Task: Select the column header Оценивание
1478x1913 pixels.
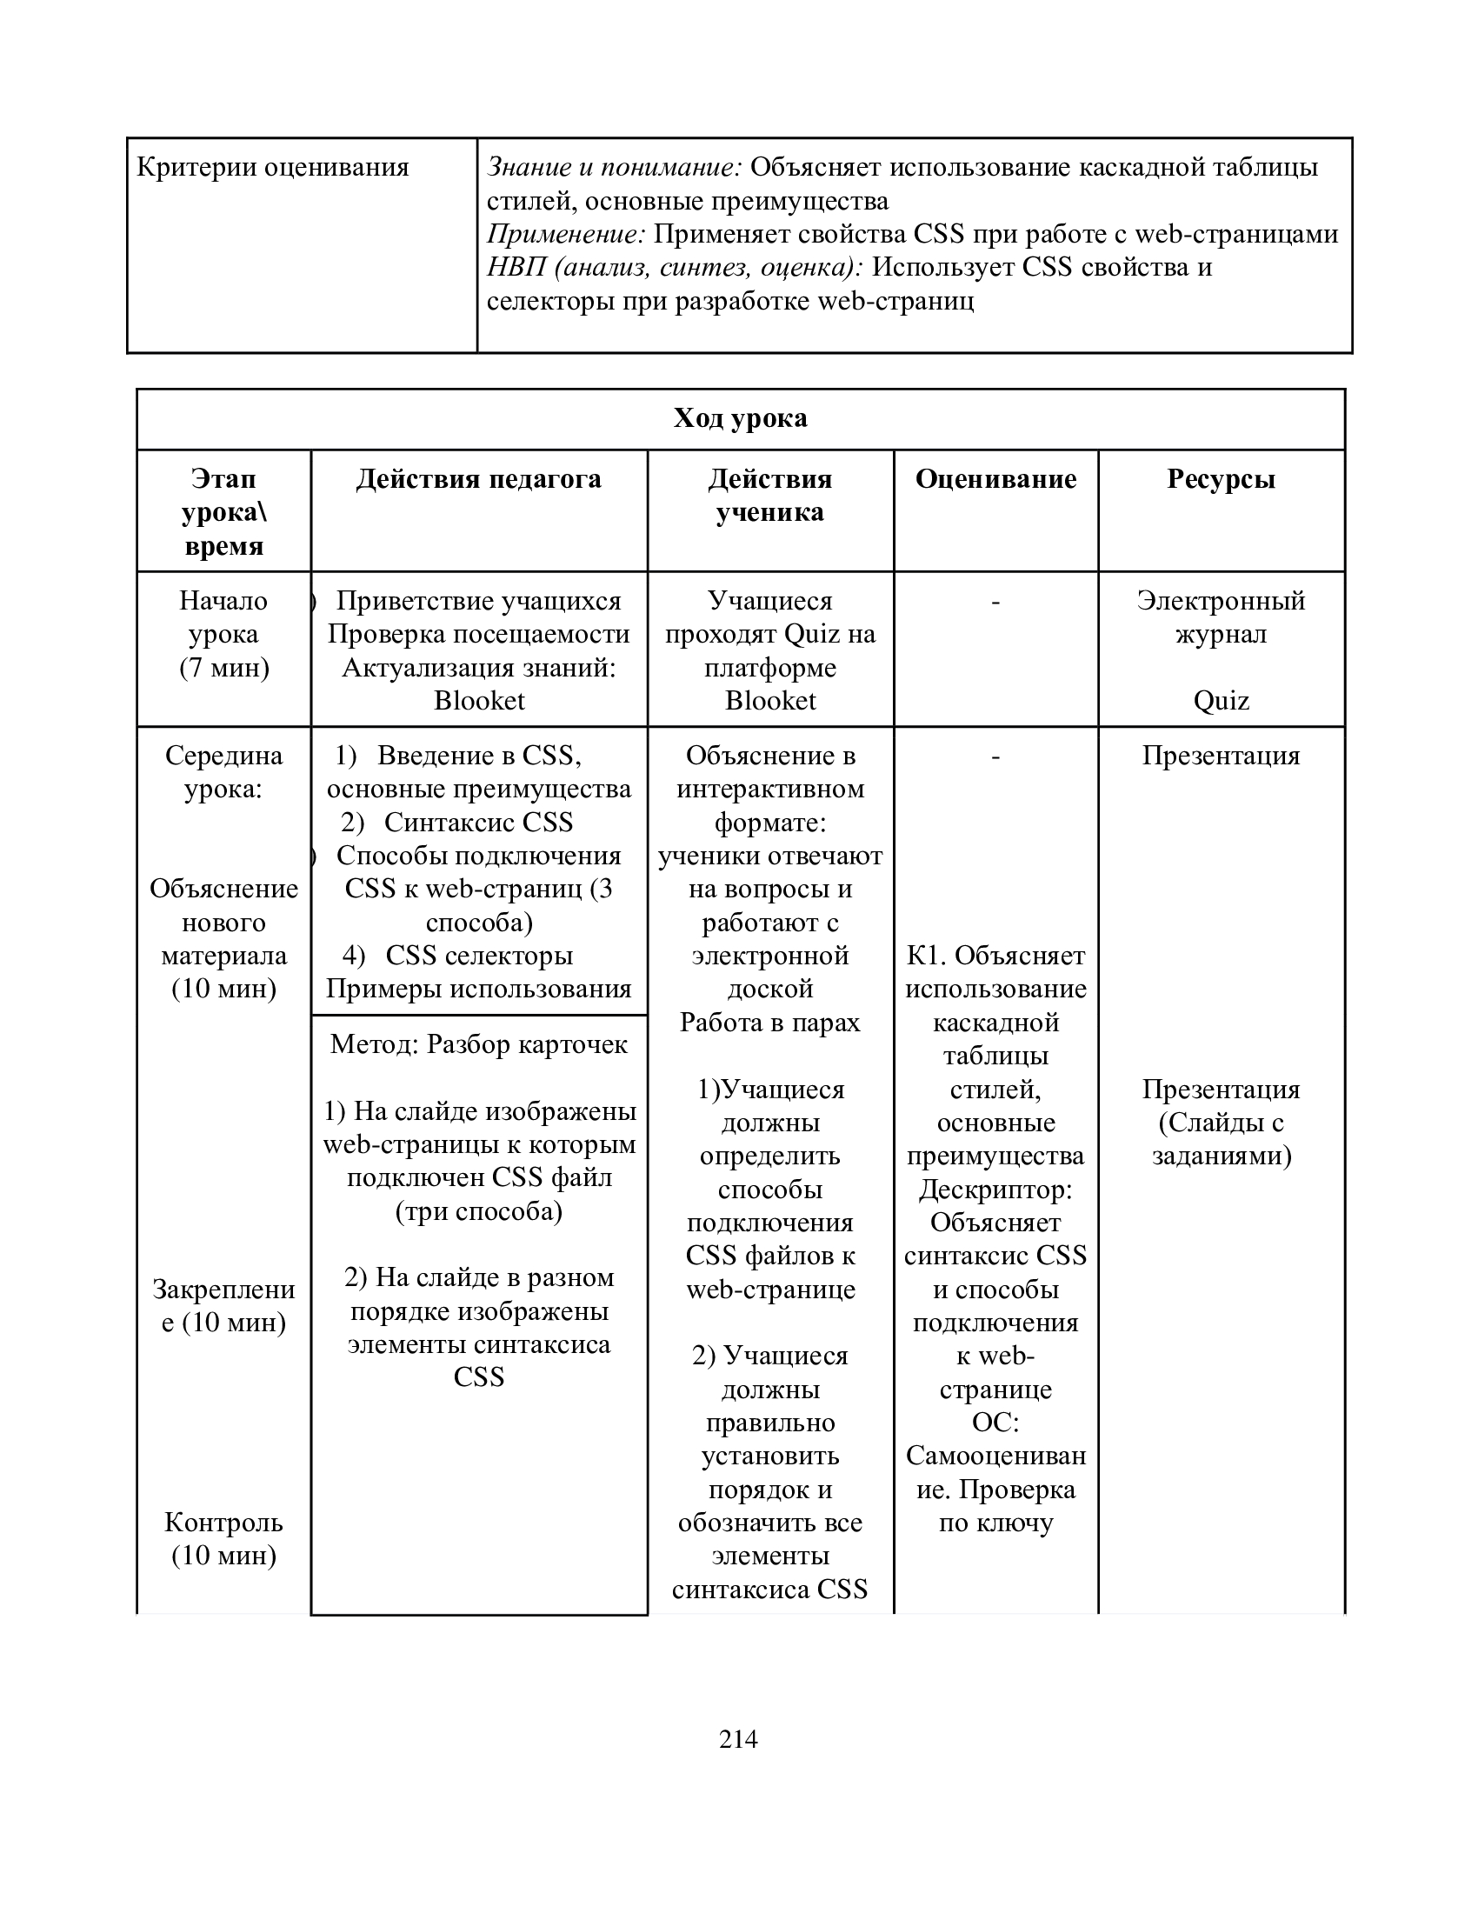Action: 995,479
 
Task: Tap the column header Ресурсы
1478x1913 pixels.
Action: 1221,479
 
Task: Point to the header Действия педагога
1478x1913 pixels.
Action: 479,479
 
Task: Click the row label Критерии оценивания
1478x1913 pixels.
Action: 272,167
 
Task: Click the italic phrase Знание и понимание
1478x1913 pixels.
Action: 614,167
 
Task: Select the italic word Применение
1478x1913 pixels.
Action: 566,234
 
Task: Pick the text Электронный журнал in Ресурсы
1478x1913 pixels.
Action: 1221,617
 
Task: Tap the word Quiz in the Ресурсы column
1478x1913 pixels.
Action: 1221,701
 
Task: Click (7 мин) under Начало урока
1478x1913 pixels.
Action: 224,668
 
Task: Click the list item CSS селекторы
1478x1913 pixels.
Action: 479,956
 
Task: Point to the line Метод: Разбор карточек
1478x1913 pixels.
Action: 479,1044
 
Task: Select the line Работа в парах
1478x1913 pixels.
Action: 769,1023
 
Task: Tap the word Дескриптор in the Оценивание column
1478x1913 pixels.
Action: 995,1190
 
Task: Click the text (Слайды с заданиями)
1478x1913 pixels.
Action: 1221,1140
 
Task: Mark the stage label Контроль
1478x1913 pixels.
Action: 224,1523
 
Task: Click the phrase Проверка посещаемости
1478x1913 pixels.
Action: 479,634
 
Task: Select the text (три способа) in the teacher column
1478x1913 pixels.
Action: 479,1211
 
